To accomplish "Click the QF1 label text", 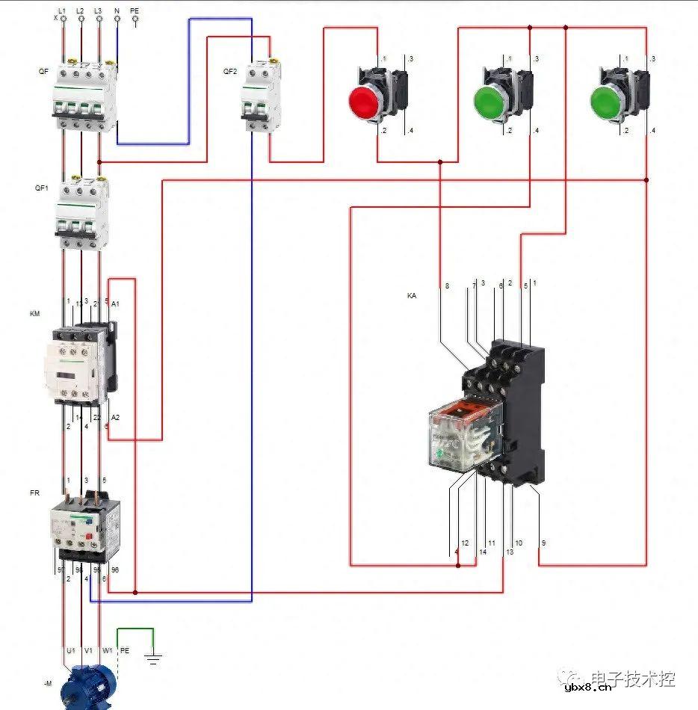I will tap(42, 188).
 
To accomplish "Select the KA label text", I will tap(411, 296).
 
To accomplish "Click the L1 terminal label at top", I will tap(62, 12).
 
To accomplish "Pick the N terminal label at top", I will tap(117, 12).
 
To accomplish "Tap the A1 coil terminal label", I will tap(115, 303).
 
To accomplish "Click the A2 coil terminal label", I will tap(115, 417).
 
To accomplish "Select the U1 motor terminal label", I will tap(70, 650).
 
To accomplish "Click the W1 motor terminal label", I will tap(107, 650).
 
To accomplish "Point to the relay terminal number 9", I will tap(543, 543).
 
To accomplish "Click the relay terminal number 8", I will tap(447, 286).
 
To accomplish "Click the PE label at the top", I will tap(135, 12).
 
